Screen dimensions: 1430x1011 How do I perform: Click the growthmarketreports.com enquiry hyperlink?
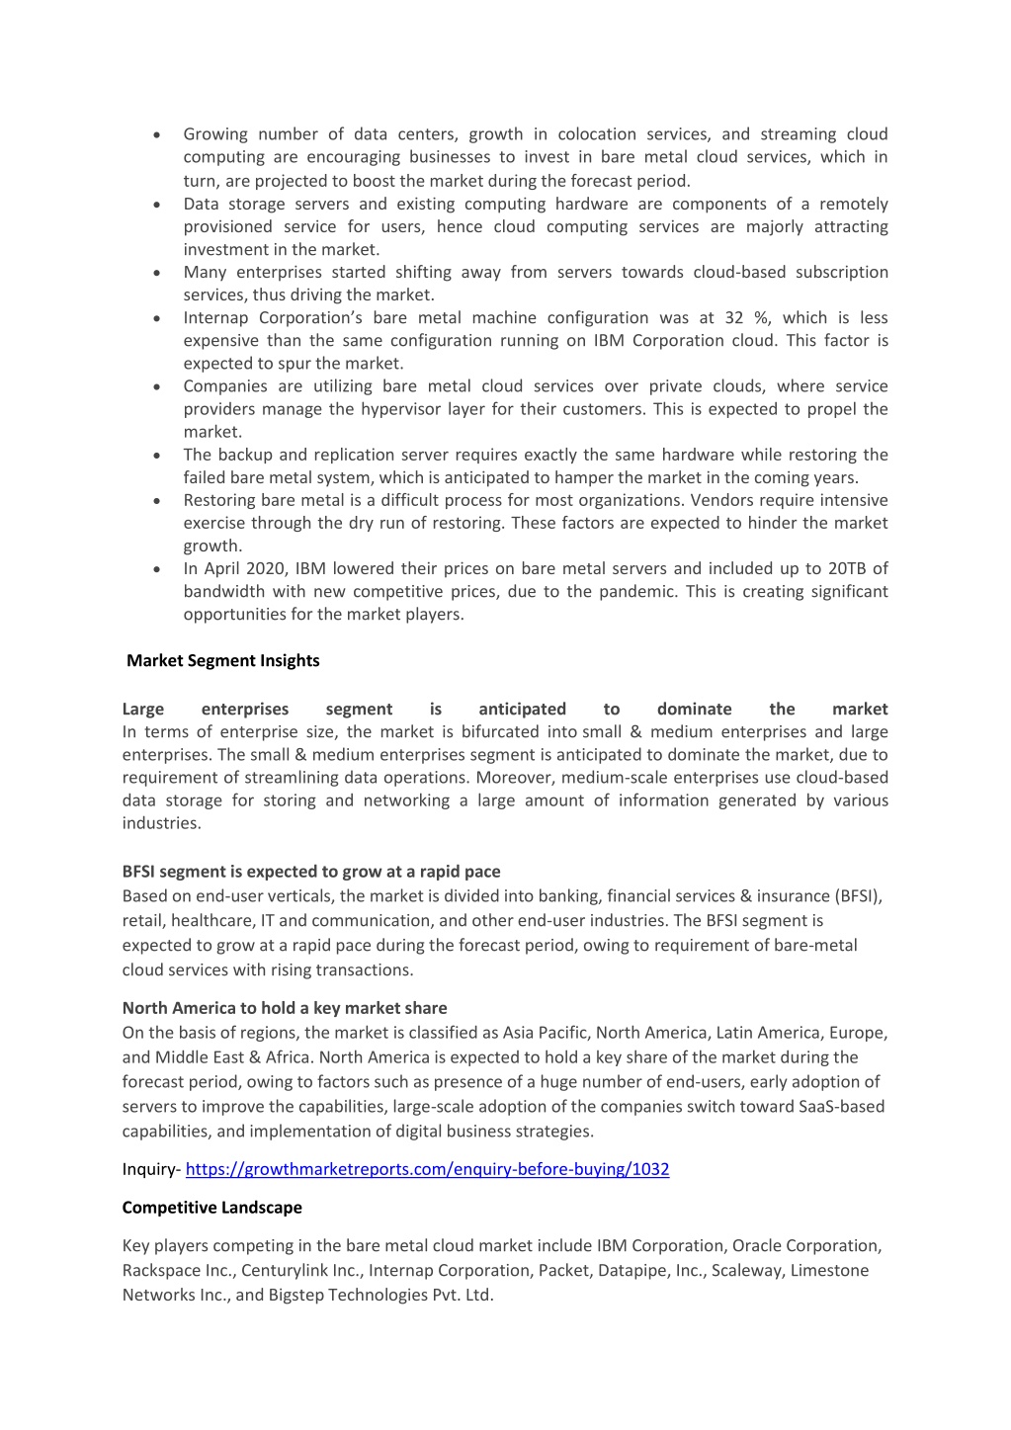[427, 1169]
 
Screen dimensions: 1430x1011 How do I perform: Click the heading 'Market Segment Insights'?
[223, 660]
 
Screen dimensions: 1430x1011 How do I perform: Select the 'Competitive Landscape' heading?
[212, 1208]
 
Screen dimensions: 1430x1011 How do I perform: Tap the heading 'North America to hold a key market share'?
[285, 1008]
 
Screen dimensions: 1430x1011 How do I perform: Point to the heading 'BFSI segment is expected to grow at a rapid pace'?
[311, 872]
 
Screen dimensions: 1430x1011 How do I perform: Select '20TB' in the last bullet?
[845, 568]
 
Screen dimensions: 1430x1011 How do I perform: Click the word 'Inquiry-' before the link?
[151, 1169]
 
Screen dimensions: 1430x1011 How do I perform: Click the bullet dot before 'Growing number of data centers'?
[157, 135]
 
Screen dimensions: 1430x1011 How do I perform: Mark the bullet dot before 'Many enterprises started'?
[157, 273]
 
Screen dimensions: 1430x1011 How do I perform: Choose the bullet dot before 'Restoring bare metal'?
[157, 501]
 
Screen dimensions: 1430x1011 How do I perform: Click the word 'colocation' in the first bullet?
[597, 134]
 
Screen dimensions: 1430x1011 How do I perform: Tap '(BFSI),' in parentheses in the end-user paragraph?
[859, 896]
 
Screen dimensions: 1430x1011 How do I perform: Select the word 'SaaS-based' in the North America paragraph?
[841, 1107]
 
